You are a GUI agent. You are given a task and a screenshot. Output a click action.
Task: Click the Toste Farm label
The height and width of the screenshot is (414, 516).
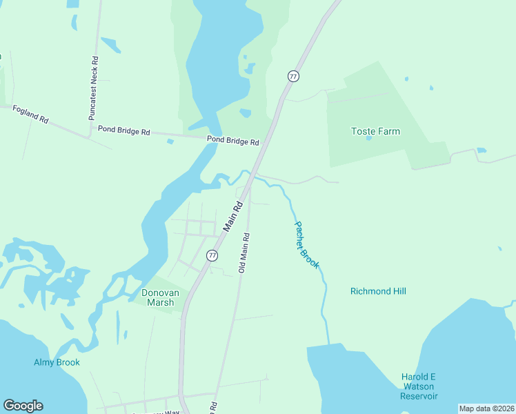click(375, 131)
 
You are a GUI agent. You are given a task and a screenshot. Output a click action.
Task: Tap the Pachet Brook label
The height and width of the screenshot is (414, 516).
click(307, 244)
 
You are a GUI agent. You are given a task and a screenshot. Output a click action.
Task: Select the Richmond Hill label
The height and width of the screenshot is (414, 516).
click(378, 291)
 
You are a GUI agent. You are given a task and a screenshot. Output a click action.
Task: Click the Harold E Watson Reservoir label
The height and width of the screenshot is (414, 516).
click(419, 386)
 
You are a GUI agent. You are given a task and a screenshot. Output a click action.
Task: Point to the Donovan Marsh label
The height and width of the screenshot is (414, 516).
click(160, 297)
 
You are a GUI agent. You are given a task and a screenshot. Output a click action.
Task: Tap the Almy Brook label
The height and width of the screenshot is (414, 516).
click(57, 362)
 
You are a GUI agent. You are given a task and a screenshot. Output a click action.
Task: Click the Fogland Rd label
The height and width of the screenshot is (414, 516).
click(29, 115)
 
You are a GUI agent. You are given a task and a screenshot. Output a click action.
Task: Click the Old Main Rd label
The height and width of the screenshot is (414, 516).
click(243, 253)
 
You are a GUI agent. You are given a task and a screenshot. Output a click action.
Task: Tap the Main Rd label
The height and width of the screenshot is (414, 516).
click(234, 216)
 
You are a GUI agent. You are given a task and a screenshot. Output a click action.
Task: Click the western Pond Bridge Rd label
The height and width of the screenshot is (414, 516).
click(123, 130)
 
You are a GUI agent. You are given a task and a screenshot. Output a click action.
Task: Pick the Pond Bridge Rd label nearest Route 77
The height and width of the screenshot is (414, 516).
click(232, 141)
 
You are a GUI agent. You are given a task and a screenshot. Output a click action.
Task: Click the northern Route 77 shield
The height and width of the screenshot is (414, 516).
click(294, 76)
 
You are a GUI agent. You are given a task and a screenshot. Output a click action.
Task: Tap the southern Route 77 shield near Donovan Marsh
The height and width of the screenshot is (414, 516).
click(212, 255)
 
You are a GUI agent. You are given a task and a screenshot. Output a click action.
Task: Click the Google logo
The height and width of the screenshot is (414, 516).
click(23, 406)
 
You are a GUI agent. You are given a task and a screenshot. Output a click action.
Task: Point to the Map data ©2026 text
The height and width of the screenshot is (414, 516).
click(487, 408)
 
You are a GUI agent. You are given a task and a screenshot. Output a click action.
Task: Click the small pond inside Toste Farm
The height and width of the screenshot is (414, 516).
click(369, 138)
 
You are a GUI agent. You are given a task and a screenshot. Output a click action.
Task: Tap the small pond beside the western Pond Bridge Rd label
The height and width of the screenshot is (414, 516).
click(170, 141)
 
